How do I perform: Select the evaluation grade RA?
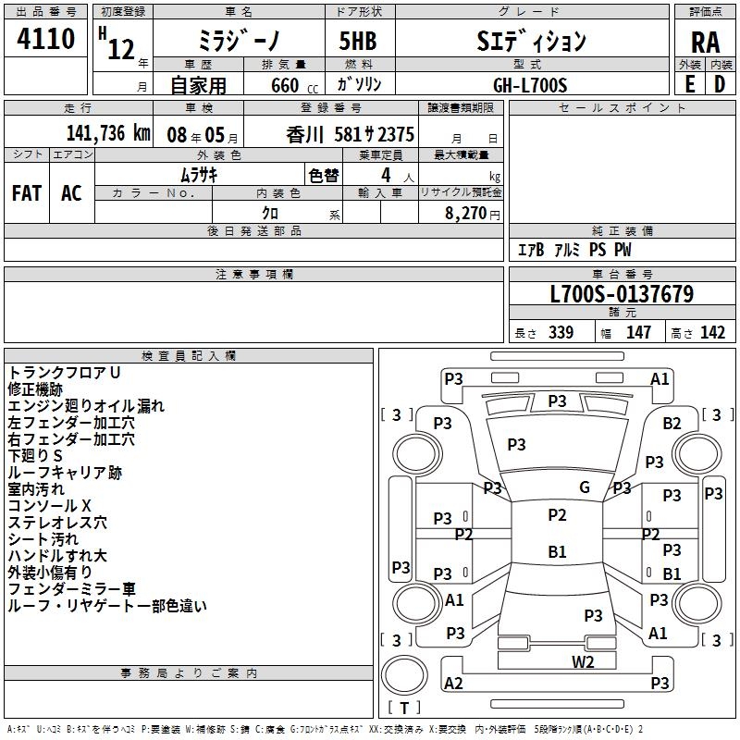tap(705, 41)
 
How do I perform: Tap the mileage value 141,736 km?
tap(109, 133)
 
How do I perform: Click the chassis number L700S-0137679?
tap(621, 295)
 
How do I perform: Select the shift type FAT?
tap(27, 192)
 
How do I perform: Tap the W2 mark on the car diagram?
tap(583, 660)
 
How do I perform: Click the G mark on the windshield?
tap(584, 487)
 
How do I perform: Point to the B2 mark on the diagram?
tap(672, 424)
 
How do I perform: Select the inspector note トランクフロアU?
tap(65, 373)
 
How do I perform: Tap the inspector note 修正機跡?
tap(35, 389)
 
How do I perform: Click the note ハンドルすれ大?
tap(57, 556)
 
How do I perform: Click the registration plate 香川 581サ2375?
tap(351, 133)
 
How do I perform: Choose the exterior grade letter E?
tap(689, 84)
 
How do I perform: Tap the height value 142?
tap(712, 333)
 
